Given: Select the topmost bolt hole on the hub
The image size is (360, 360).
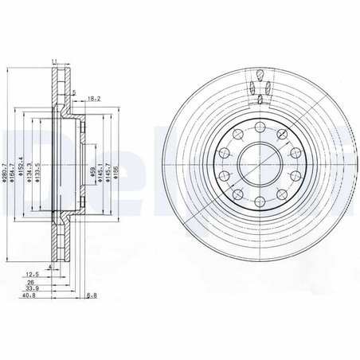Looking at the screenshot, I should point(260,125).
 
